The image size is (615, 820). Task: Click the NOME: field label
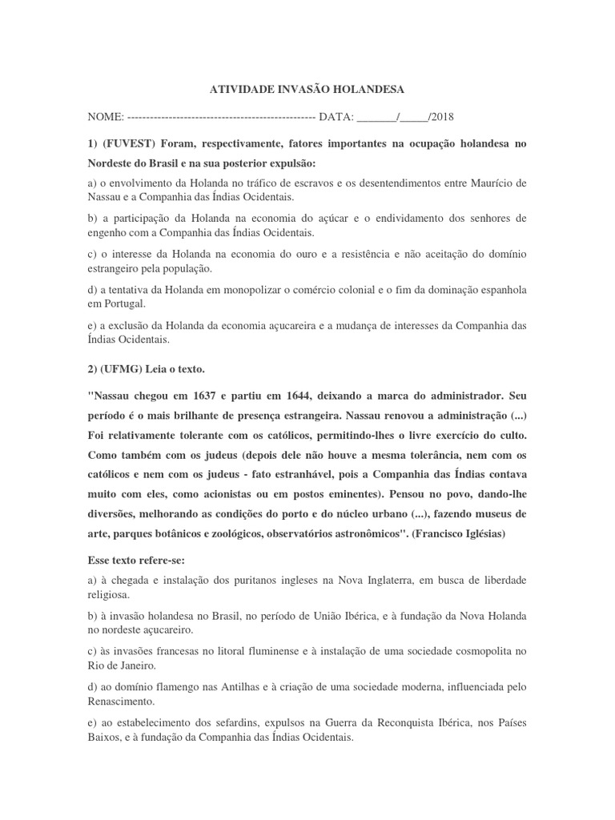pos(106,117)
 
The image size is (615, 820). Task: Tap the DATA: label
pos(336,117)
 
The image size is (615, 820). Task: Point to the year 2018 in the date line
pos(441,117)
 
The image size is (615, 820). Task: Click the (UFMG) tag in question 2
pos(124,369)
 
